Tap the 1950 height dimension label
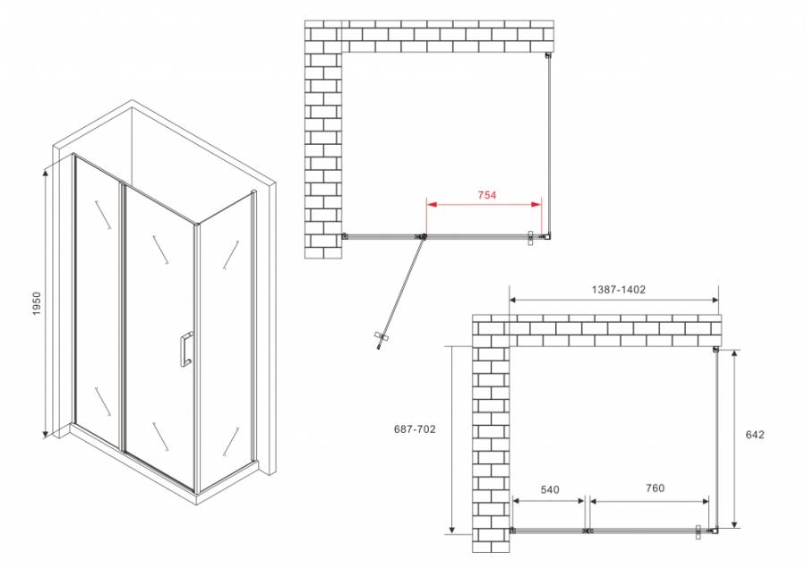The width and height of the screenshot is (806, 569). point(37,301)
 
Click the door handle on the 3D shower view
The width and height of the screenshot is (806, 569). point(184,349)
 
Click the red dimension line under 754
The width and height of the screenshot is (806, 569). point(483,205)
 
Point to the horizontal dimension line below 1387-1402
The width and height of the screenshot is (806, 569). point(614,301)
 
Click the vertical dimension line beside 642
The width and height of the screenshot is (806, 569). point(735,438)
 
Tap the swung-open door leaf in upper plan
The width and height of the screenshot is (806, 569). point(400,286)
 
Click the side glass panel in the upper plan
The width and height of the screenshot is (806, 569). point(548,148)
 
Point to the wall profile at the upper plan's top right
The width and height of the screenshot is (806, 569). point(548,56)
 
